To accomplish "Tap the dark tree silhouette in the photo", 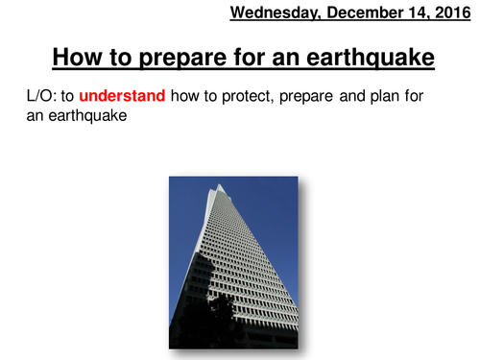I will (x=224, y=313).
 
